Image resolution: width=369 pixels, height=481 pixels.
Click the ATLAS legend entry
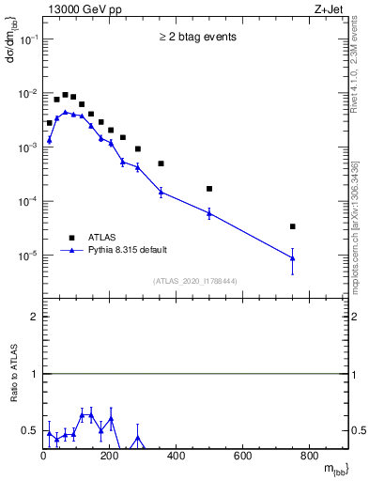pyautogui.click(x=104, y=237)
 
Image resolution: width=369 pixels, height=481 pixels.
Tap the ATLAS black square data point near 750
pyautogui.click(x=293, y=226)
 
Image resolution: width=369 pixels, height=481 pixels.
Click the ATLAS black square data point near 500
pyautogui.click(x=209, y=189)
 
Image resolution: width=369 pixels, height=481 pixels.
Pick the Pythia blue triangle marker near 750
pyautogui.click(x=293, y=258)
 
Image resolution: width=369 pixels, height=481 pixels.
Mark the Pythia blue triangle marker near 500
pyautogui.click(x=209, y=213)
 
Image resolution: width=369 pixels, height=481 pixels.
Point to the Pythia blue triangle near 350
pyautogui.click(x=161, y=192)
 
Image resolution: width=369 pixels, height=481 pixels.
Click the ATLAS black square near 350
pyautogui.click(x=161, y=163)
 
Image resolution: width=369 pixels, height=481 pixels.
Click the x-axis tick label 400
pyautogui.click(x=176, y=458)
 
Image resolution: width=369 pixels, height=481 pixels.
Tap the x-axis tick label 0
pyautogui.click(x=43, y=458)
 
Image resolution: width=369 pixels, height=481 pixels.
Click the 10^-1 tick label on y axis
pyautogui.click(x=26, y=40)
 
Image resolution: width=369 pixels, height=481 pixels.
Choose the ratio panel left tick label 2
pyautogui.click(x=34, y=317)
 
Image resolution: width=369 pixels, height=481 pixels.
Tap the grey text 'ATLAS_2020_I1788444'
pyautogui.click(x=196, y=280)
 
